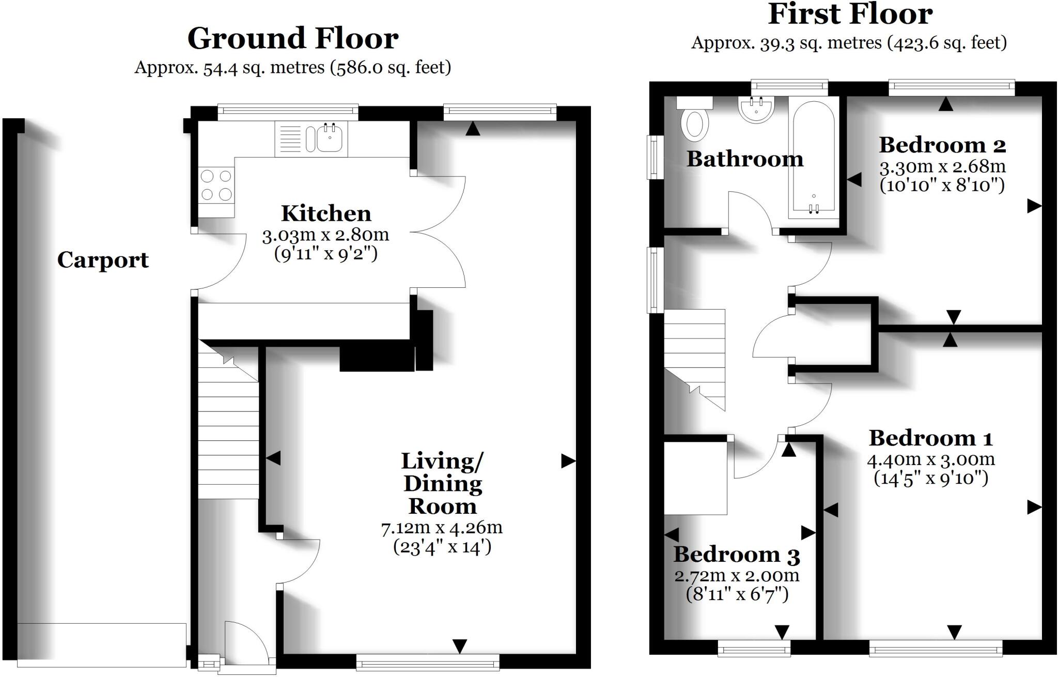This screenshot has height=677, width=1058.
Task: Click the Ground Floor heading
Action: coord(292,39)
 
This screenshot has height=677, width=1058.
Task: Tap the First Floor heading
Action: coord(850,14)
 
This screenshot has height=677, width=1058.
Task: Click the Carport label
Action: coord(103,260)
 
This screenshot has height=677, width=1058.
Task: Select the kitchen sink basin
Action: coord(329,139)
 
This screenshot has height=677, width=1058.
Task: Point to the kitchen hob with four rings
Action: coord(216,185)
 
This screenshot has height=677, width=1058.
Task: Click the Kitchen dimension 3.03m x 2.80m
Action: coord(325,235)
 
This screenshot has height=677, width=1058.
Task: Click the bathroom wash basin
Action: coord(756,110)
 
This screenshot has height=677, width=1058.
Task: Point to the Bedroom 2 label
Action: coord(942,145)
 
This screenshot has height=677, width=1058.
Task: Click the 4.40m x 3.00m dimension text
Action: coord(930,459)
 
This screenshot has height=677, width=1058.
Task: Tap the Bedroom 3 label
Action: coord(737,555)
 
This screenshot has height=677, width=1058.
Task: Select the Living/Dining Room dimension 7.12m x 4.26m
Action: coord(442,528)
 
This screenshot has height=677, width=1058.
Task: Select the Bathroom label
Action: coord(744,159)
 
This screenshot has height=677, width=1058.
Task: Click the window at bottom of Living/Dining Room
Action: coord(428,662)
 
